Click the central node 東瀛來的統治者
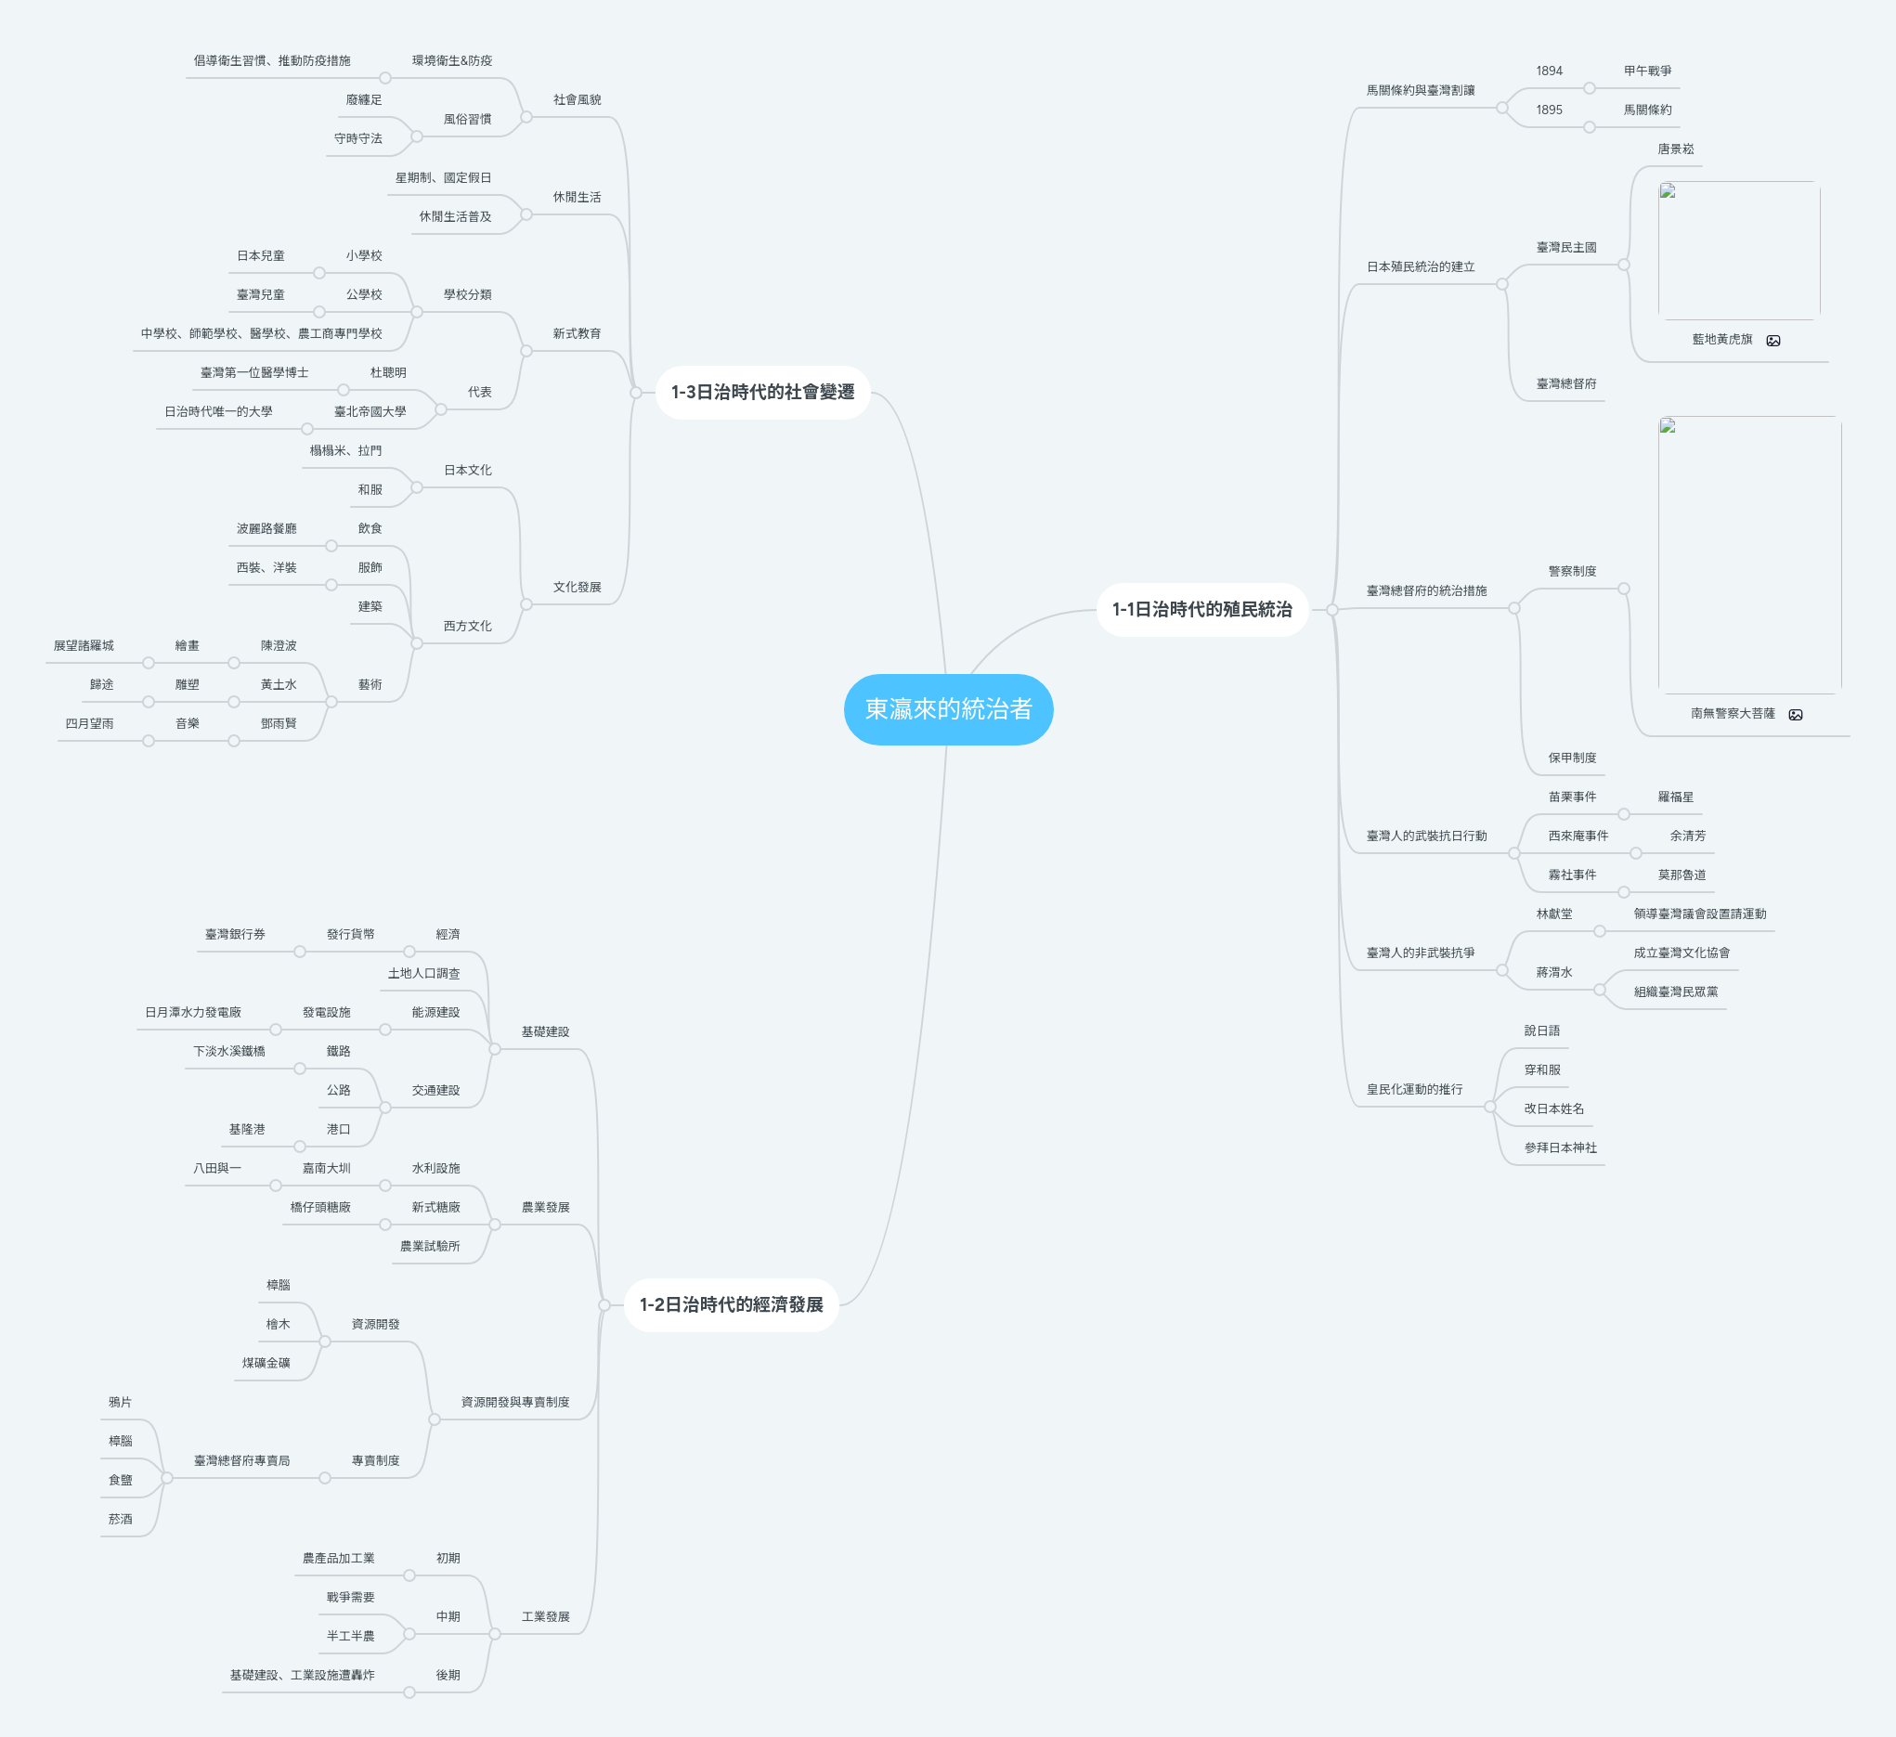point(948,709)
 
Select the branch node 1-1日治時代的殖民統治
point(1201,609)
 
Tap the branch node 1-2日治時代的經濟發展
point(731,1304)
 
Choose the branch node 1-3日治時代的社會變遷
point(761,392)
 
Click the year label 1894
point(1549,71)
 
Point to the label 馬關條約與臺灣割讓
point(1420,90)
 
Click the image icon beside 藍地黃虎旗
point(1773,341)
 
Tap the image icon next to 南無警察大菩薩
point(1796,715)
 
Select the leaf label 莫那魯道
point(1682,875)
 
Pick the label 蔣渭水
point(1553,972)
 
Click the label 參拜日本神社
point(1560,1147)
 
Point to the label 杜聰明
point(387,372)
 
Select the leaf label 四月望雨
point(89,723)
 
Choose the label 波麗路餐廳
point(266,528)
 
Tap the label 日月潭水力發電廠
point(193,1012)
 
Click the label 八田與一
point(217,1168)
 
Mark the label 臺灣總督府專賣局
point(241,1460)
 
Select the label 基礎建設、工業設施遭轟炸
point(302,1675)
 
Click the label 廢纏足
point(363,99)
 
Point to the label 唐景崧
point(1675,149)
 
